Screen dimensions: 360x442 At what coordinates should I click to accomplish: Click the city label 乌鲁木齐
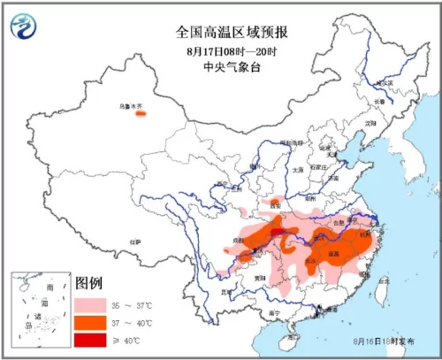(131, 105)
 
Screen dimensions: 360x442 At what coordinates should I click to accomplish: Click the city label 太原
(298, 168)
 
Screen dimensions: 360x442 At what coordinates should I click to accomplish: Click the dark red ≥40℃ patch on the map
(278, 233)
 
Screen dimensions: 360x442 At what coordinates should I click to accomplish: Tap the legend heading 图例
(89, 284)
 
